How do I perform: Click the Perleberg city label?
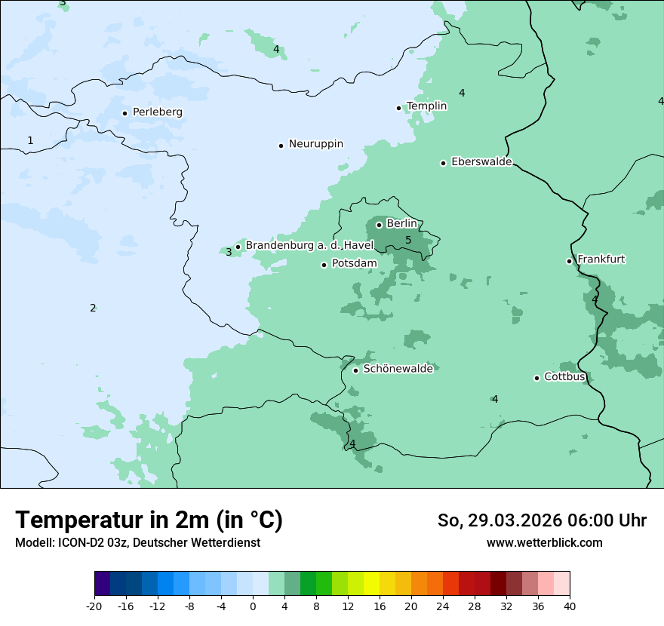point(157,112)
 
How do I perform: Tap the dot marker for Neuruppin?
point(281,146)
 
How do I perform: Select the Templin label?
point(426,106)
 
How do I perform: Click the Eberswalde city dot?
point(444,163)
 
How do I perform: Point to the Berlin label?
point(401,224)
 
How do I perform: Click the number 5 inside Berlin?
point(408,241)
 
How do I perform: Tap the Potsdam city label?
point(354,263)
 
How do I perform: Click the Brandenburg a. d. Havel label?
point(309,246)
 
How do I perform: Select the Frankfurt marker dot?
point(570,261)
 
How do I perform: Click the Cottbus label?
point(564,376)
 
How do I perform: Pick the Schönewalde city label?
point(398,369)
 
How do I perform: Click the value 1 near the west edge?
point(30,140)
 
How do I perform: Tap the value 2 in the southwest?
point(93,308)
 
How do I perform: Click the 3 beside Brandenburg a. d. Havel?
point(229,252)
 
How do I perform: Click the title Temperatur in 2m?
point(149,520)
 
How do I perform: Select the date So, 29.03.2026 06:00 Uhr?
point(542,520)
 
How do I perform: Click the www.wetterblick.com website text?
point(544,542)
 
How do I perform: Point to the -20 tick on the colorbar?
point(94,606)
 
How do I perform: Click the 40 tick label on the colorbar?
point(570,606)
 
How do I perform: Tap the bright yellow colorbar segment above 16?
point(371,584)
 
